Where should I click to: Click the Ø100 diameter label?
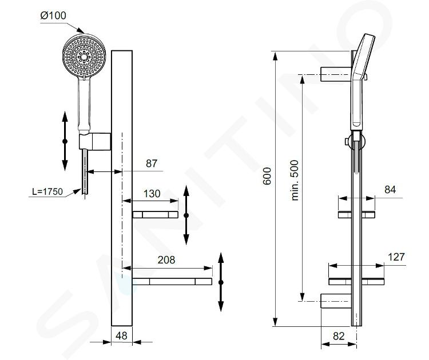[53, 15]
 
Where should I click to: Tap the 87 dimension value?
[152, 163]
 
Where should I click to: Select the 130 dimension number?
[152, 194]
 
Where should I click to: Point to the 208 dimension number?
[166, 259]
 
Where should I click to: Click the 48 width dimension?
[121, 335]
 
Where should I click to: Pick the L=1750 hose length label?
[47, 191]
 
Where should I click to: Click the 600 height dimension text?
[267, 177]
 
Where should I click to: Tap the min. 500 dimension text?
[295, 181]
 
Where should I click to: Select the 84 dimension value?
[390, 190]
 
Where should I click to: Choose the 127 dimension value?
[396, 257]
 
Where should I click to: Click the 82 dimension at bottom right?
[339, 336]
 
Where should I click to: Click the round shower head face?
[84, 55]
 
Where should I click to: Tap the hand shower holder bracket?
[95, 141]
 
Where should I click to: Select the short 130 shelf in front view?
[156, 215]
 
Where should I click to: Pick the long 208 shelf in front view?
[172, 282]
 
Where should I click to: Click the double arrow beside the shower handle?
[65, 141]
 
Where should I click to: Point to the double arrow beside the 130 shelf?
[186, 215]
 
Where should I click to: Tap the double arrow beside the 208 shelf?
[221, 282]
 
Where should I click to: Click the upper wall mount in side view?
[336, 74]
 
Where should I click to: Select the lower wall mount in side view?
[336, 301]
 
